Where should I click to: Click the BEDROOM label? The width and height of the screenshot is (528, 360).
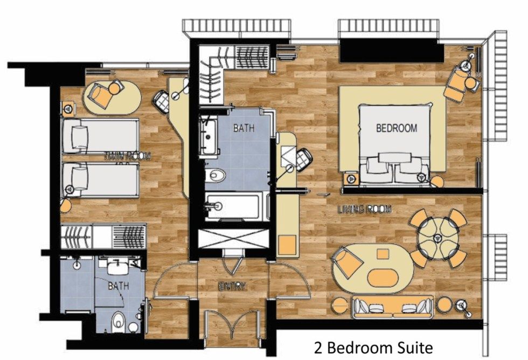coord(396,128)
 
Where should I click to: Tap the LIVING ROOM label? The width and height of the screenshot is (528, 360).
coord(364,209)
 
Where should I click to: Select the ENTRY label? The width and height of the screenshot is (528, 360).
coord(233,286)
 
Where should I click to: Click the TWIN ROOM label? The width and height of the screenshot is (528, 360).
coord(127,156)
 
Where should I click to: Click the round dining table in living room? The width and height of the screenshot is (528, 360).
coord(437,236)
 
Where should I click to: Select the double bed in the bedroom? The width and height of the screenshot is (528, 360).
coord(395,144)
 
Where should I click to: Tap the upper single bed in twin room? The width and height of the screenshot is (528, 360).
coord(100,135)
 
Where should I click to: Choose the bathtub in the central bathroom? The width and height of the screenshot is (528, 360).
coord(237,206)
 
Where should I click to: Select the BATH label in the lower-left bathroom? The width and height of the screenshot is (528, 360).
coord(118,286)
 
